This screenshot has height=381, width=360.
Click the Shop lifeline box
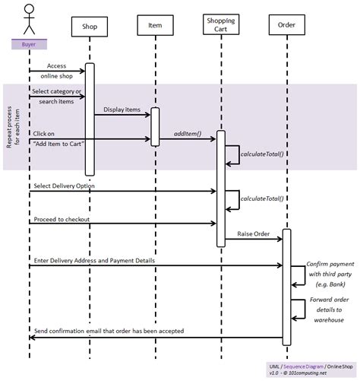pos(90,27)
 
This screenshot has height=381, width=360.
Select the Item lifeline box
pos(155,25)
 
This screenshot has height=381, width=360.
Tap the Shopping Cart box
pos(221,24)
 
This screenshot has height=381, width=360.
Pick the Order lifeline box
pos(286,24)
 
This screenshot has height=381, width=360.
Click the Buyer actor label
pos(29,44)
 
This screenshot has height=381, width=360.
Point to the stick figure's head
pos(29,8)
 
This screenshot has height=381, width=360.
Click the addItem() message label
pos(188,134)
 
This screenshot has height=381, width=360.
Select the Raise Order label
pos(253,233)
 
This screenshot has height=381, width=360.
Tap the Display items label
pos(122,110)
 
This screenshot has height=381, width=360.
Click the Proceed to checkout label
pos(62,219)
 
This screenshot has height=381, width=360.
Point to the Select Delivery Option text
pos(64,186)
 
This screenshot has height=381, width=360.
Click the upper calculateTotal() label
pos(262,154)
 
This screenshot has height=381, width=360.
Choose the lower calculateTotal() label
pos(262,198)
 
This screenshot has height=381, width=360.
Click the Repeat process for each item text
pos(13,127)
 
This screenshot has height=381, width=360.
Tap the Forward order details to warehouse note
pos(329,310)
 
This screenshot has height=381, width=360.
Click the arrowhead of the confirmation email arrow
pos(31,338)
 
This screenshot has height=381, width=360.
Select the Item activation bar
pos(155,127)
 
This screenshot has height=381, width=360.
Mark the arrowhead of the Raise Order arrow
pos(280,239)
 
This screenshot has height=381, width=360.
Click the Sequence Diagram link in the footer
pos(303,367)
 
